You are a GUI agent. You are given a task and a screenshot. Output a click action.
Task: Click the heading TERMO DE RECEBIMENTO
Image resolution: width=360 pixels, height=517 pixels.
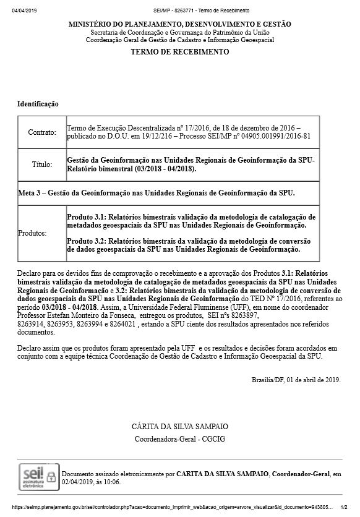tap(179, 52)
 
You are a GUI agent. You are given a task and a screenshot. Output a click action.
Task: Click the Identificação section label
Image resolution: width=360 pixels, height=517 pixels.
tap(38, 103)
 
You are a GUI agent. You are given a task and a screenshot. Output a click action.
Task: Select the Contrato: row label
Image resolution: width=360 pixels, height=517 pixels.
tap(41, 132)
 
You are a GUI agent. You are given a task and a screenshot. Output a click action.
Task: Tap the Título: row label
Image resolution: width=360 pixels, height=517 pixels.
tap(41, 165)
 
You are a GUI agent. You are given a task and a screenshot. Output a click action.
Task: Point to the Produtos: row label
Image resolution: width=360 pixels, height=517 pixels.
tap(33, 234)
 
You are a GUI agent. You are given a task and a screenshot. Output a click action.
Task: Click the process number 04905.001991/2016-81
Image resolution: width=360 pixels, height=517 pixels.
tap(272, 136)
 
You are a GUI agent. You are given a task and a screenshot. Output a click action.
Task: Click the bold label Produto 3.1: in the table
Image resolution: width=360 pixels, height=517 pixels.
tap(87, 217)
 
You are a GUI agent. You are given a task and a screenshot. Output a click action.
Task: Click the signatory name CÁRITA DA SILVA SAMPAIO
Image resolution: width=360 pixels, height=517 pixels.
tap(179, 427)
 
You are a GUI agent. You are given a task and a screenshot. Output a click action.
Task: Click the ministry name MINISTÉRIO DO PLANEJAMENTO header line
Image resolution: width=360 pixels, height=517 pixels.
tap(179, 23)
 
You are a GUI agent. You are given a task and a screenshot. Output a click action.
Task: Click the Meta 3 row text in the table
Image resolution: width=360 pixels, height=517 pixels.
tap(156, 193)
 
